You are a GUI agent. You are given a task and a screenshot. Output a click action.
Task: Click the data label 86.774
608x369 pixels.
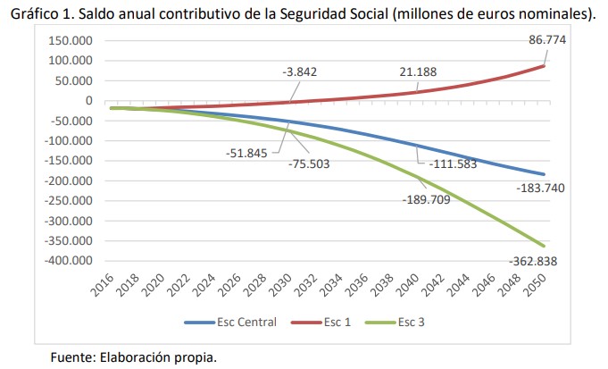point(547,40)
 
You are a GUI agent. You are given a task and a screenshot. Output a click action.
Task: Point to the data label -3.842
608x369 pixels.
point(300,71)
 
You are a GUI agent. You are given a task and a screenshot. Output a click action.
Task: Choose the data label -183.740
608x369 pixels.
point(541,189)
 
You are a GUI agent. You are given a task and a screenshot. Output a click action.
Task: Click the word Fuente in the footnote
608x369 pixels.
point(74,357)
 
